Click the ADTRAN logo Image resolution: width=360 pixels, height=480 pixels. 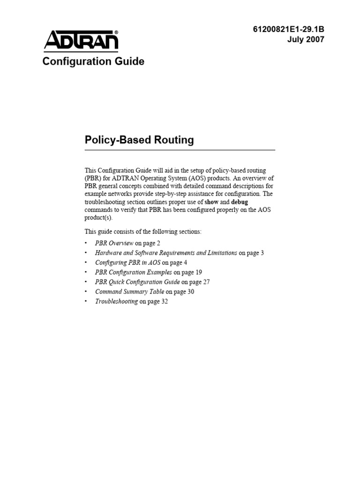click(x=81, y=40)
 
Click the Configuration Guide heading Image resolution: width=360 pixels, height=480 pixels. click(x=93, y=61)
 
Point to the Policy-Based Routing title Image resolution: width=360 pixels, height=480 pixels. click(x=139, y=140)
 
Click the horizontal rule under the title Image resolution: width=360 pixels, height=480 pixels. click(x=180, y=150)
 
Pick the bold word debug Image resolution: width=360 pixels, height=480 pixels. click(x=240, y=202)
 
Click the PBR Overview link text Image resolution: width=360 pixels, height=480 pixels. click(x=114, y=243)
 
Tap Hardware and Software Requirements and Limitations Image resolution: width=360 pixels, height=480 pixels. click(x=166, y=253)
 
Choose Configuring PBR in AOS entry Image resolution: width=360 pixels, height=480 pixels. click(x=127, y=262)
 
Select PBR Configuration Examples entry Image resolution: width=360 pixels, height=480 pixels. click(x=134, y=272)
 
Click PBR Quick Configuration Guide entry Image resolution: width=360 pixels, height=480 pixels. click(x=137, y=282)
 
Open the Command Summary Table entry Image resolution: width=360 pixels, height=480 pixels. click(x=129, y=292)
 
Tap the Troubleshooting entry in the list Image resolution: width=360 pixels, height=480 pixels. click(x=116, y=301)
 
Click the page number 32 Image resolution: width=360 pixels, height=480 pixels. click(x=164, y=301)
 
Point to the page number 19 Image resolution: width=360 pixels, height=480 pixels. click(x=198, y=272)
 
